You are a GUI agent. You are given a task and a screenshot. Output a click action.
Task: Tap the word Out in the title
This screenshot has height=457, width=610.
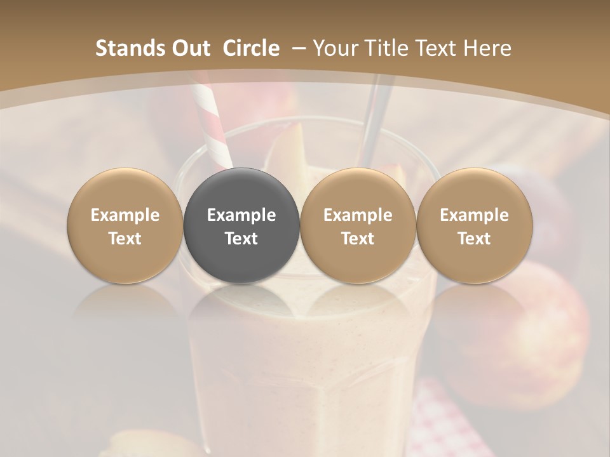(188, 48)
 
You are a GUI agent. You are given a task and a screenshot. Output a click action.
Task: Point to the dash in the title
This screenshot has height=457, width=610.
(298, 48)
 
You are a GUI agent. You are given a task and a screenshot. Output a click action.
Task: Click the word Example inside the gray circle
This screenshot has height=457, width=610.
(241, 215)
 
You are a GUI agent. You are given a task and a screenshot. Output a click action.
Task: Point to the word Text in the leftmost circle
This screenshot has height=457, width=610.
(125, 239)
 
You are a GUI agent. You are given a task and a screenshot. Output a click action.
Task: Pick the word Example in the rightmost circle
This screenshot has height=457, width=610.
(474, 215)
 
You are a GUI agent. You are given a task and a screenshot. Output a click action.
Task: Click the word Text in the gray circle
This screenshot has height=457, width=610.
(241, 239)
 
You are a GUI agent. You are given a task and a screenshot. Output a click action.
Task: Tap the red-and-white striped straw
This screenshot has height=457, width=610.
(212, 124)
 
